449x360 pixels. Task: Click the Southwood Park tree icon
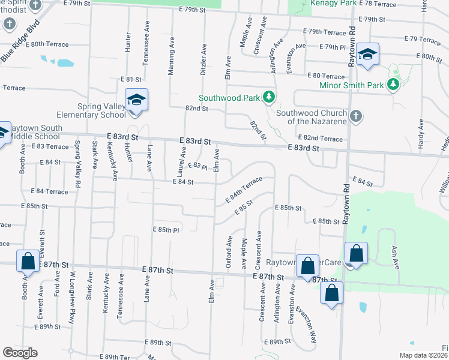(x=270, y=97)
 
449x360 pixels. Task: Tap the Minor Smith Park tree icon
(x=393, y=85)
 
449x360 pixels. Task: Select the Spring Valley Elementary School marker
(x=136, y=100)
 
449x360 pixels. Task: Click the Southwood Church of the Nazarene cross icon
(x=355, y=115)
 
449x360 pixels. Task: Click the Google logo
(x=20, y=352)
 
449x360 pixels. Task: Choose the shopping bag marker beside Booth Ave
(x=28, y=262)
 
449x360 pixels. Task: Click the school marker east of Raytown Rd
(x=367, y=56)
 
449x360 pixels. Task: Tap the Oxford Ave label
(x=229, y=252)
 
